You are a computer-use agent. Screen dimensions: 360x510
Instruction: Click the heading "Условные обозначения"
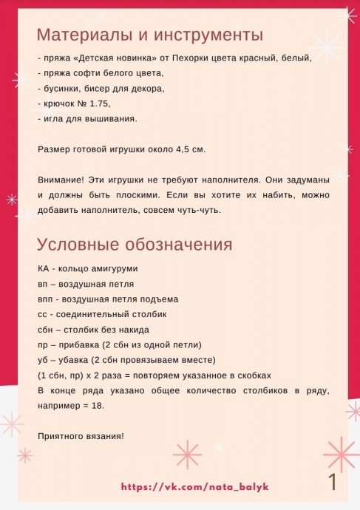tap(135, 245)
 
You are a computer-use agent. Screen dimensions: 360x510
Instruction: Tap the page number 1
tap(333, 483)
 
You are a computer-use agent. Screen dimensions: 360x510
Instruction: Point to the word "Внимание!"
tap(61, 180)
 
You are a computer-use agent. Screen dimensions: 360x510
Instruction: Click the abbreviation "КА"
tap(43, 268)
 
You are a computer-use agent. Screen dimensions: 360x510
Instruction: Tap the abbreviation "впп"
tap(45, 299)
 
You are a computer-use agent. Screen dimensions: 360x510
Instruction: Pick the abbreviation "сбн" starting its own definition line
tap(45, 330)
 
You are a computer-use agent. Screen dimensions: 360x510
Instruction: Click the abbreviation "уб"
tap(42, 360)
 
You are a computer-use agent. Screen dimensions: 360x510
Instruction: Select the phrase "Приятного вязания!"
tap(81, 436)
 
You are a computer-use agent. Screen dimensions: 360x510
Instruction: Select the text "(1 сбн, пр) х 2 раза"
tap(78, 375)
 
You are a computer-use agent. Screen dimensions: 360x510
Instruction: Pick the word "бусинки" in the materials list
tap(56, 88)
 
